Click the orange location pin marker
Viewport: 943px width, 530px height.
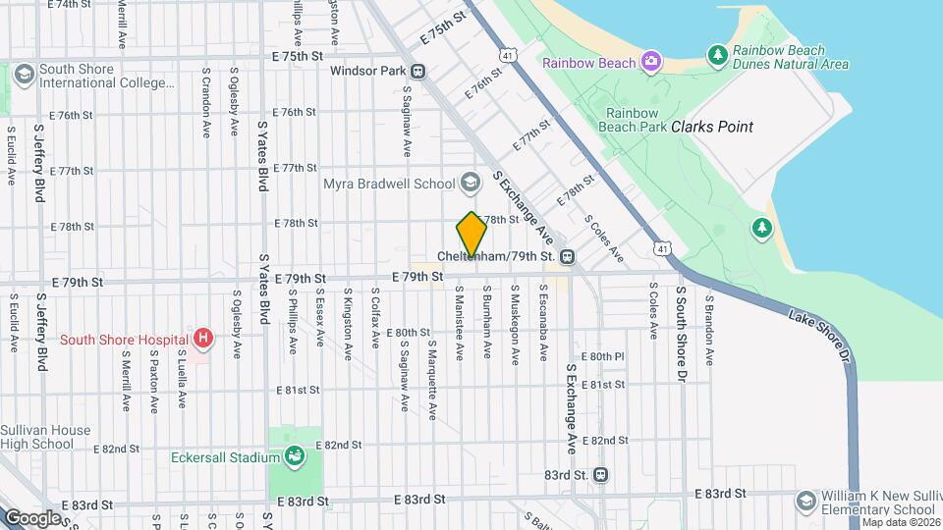point(471,235)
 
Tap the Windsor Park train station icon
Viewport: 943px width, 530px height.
point(418,71)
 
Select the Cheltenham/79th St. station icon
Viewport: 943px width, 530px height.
point(567,257)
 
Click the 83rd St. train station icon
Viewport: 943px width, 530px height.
point(601,475)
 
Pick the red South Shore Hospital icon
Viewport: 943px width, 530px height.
point(203,340)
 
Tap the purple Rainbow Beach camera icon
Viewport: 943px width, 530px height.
point(650,63)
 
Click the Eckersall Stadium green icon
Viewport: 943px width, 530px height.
point(294,456)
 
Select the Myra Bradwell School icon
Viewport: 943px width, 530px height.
point(471,183)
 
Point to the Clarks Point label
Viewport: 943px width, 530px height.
point(712,127)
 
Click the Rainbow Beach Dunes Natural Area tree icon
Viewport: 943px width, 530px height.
point(718,52)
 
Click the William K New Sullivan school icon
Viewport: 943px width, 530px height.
point(806,501)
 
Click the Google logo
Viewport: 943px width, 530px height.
point(32,517)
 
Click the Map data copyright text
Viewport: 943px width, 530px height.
point(902,522)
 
